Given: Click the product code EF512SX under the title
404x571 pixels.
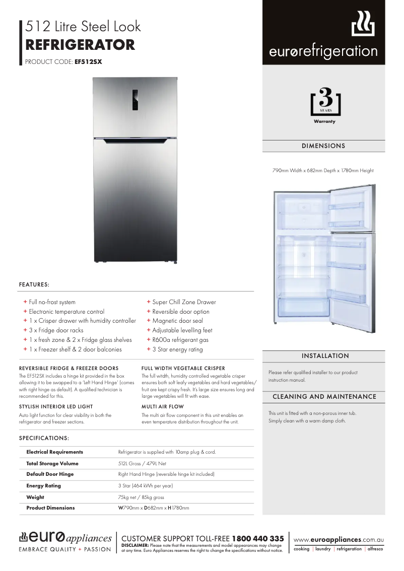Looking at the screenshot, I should pyautogui.click(x=88, y=62).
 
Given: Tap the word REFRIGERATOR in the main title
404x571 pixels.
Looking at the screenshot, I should pyautogui.click(x=80, y=45).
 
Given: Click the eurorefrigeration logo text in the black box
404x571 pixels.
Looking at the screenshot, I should pyautogui.click(x=323, y=51).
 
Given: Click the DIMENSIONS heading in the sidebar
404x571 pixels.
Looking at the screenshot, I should pyautogui.click(x=323, y=146).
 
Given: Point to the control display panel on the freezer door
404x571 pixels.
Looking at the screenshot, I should pyautogui.click(x=135, y=99).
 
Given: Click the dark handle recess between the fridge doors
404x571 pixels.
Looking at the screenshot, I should pyautogui.click(x=135, y=142).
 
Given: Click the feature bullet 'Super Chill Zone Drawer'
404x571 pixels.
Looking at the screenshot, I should pyautogui.click(x=184, y=302).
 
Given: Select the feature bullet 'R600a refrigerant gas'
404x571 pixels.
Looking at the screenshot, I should pyautogui.click(x=180, y=340).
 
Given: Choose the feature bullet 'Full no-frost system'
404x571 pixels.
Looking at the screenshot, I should pyautogui.click(x=52, y=302).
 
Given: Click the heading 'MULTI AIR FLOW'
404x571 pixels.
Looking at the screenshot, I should pyautogui.click(x=163, y=406).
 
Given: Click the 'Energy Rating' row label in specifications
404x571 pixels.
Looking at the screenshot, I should pyautogui.click(x=43, y=486).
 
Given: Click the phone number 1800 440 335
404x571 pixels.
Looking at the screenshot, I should pyautogui.click(x=257, y=539).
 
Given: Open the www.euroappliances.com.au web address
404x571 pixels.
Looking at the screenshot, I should pyautogui.click(x=339, y=539).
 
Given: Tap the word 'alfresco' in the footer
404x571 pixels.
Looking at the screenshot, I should pyautogui.click(x=375, y=549).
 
